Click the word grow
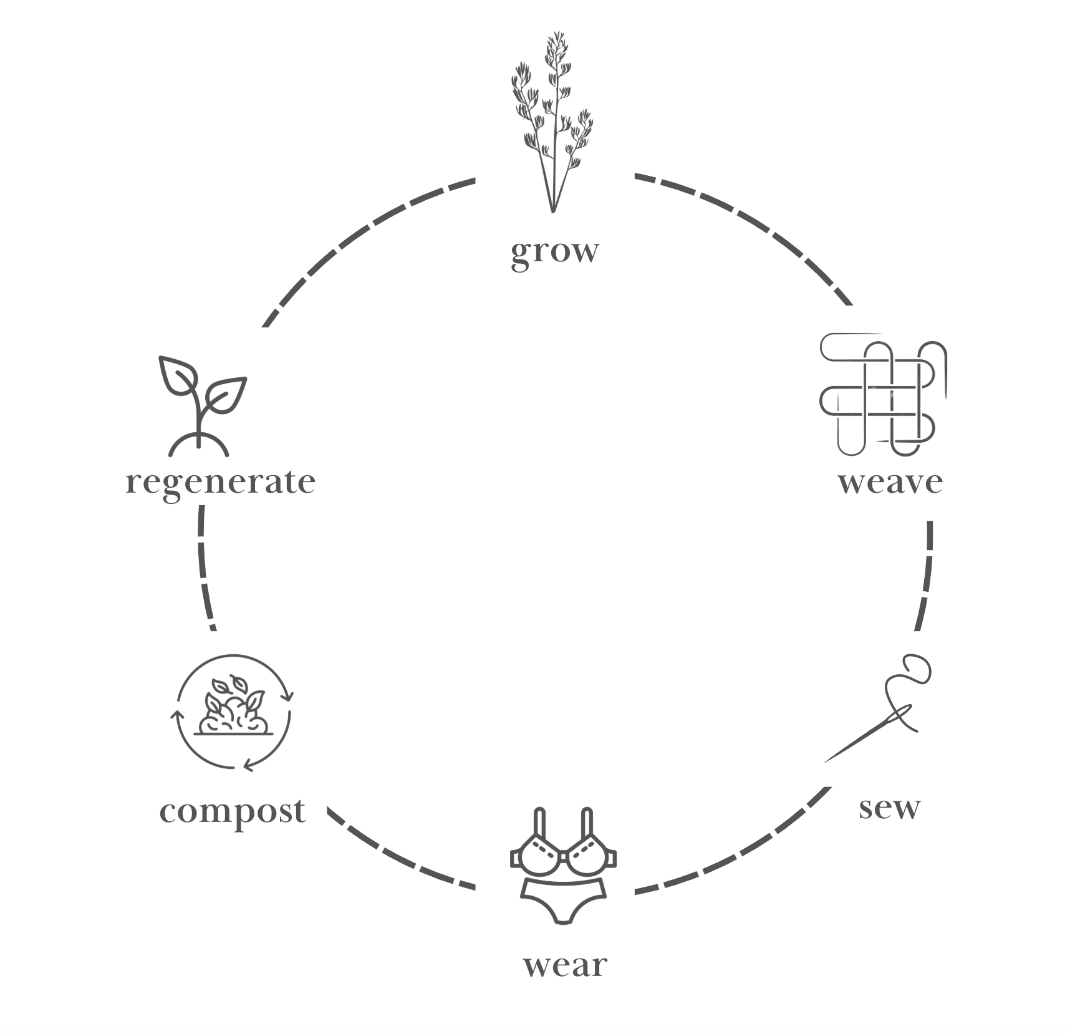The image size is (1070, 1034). coord(554,252)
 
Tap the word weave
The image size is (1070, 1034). coord(890,482)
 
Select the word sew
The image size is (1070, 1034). coord(889,808)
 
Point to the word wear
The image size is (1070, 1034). coord(564,965)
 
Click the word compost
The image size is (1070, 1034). coord(233,811)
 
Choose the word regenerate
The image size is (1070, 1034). coord(220,482)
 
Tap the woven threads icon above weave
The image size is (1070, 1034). coord(882,394)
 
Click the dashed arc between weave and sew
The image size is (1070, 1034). coord(927,574)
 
